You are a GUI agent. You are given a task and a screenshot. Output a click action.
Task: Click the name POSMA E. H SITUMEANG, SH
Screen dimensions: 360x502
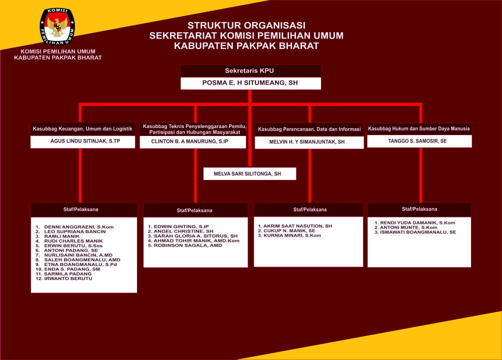pos(250,83)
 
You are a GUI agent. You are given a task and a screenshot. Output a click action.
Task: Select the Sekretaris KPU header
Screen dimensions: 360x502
pos(249,71)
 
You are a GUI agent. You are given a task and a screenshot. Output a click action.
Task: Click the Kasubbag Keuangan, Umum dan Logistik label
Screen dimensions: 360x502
pos(82,129)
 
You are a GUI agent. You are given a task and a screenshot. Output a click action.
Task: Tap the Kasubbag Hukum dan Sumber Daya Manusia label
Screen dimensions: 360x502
pos(419,128)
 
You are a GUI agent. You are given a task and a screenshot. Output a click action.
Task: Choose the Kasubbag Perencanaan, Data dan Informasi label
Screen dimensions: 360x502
pos(309,129)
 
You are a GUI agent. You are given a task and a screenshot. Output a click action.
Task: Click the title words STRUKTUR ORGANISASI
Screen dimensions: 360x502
pos(246,25)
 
